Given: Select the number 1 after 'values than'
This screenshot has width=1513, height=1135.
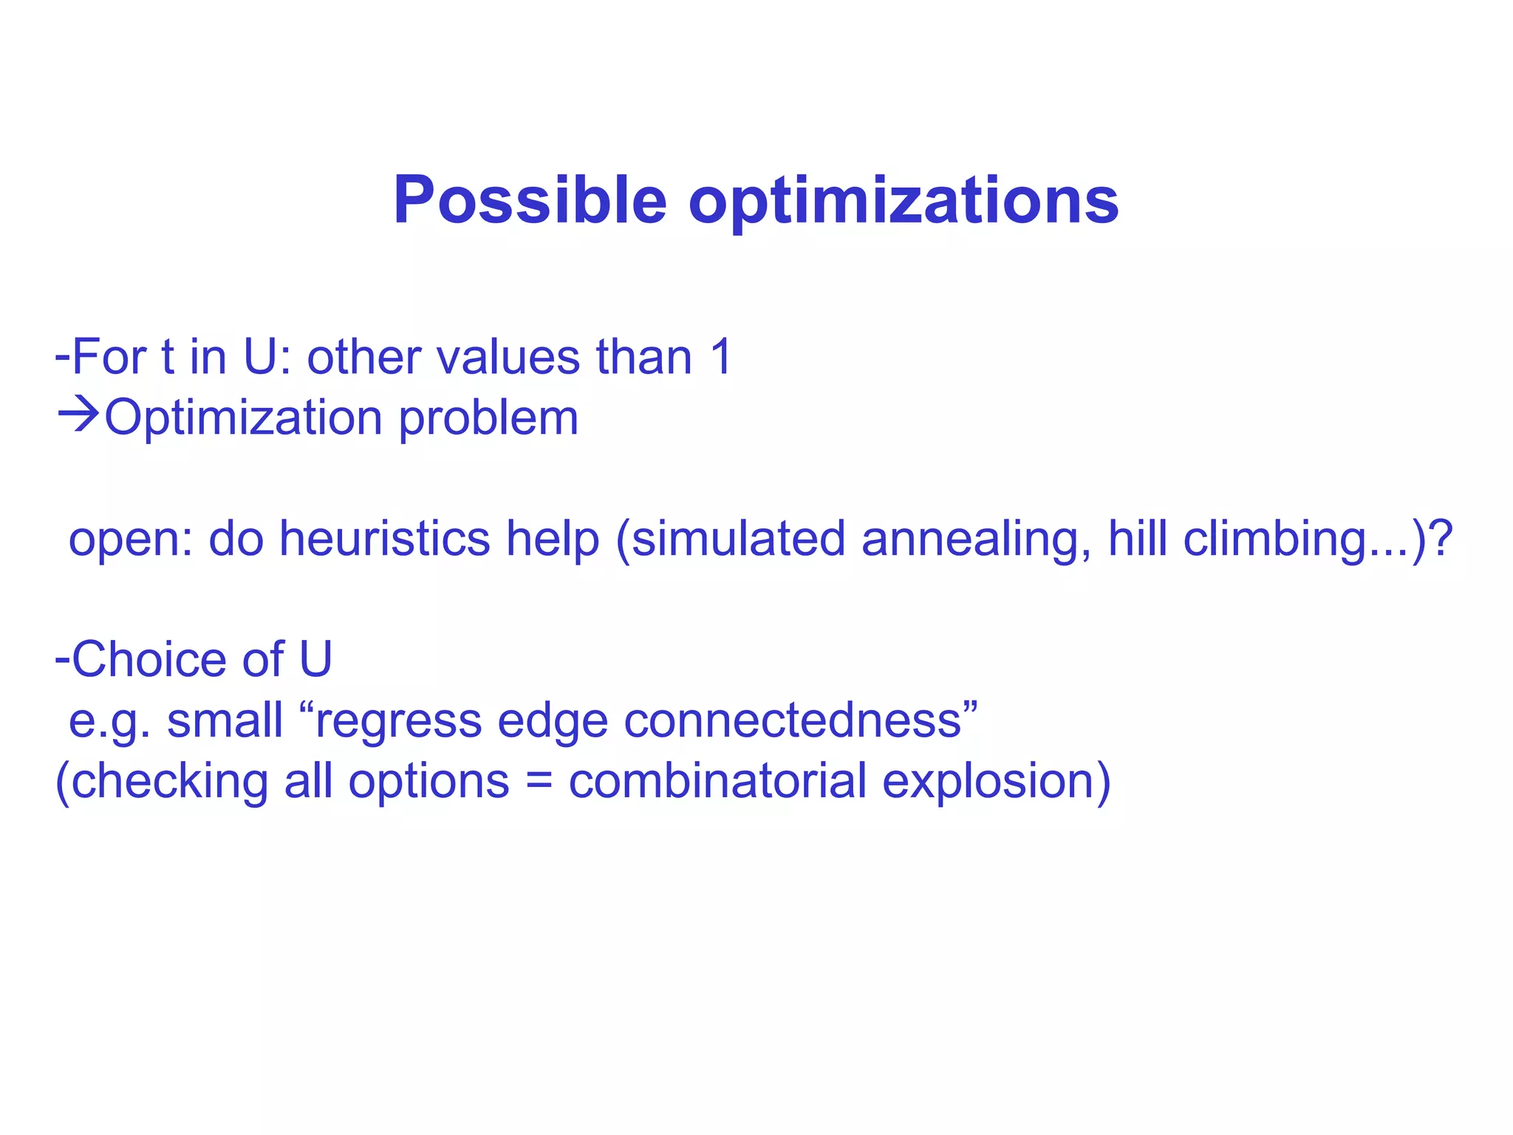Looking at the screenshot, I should pyautogui.click(x=721, y=357).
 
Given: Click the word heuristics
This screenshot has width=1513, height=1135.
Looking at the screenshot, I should pyautogui.click(x=384, y=538).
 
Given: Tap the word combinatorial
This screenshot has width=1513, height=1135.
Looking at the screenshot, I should pyautogui.click(x=717, y=780).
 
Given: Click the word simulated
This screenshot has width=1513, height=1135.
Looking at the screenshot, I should pyautogui.click(x=738, y=538).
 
